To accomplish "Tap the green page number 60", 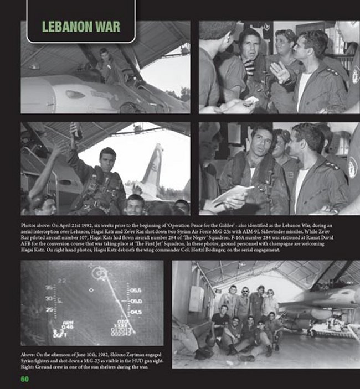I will click(x=24, y=379).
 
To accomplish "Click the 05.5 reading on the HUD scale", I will click(x=136, y=289).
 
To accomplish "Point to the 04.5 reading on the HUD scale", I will click(x=136, y=312).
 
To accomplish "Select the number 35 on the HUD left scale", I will click(x=49, y=288).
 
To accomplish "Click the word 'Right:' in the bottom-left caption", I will click(x=27, y=367).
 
